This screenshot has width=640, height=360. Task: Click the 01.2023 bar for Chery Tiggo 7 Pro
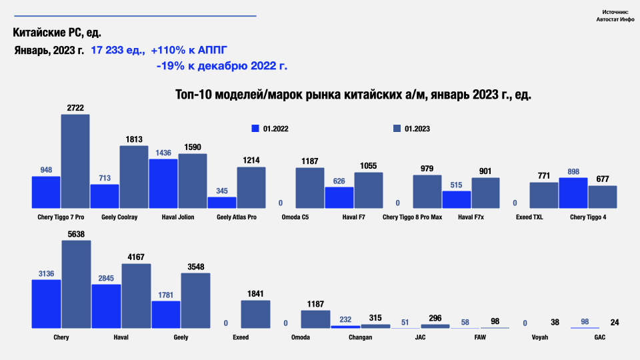coord(75,161)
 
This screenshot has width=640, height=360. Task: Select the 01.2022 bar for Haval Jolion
coord(163,184)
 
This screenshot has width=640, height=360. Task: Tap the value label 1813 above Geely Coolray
coord(134,139)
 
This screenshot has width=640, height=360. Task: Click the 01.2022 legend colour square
coord(255,129)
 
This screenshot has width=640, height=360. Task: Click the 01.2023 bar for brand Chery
coord(76,284)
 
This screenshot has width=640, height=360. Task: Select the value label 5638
coord(76,234)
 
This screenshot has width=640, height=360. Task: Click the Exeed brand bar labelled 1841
coord(255,314)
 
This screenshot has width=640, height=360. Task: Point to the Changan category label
coord(360,337)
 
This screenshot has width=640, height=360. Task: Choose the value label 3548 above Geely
coord(195,267)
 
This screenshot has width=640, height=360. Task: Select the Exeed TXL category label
coord(530,217)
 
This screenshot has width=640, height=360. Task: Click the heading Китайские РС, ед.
coord(57,33)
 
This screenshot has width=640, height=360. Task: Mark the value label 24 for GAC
coord(615,323)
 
